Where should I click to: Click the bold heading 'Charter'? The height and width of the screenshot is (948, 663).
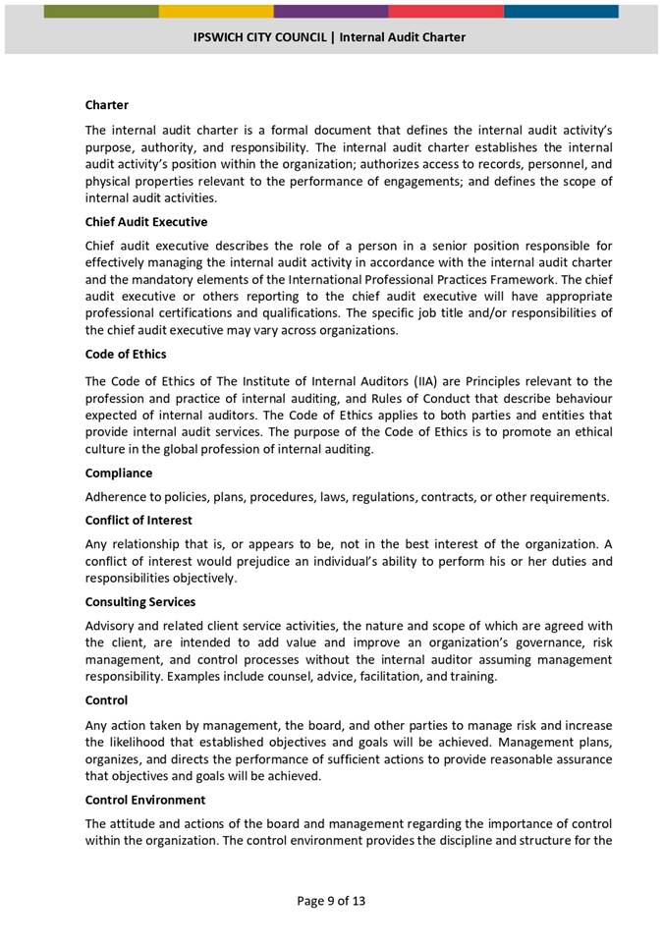click(106, 104)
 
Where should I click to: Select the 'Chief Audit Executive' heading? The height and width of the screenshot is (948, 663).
click(146, 222)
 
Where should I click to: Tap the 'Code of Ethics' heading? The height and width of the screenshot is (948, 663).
click(126, 354)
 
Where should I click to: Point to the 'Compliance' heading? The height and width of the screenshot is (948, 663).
click(119, 473)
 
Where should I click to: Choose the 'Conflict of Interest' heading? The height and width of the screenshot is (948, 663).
click(138, 520)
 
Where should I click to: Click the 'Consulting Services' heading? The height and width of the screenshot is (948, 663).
click(140, 601)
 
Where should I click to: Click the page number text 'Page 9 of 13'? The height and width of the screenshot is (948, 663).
click(331, 900)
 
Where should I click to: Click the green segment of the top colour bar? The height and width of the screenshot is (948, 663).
click(101, 11)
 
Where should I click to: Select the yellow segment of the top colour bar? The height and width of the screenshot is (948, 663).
click(216, 11)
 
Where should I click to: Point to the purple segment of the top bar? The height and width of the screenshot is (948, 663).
click(331, 11)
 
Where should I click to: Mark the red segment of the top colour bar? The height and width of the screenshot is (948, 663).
click(446, 11)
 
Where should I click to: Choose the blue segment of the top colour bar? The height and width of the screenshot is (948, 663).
click(561, 11)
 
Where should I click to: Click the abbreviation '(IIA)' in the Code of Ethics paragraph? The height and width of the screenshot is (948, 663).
click(425, 381)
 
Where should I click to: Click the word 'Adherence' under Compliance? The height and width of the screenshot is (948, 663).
click(116, 496)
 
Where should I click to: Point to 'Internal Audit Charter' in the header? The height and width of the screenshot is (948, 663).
click(403, 37)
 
